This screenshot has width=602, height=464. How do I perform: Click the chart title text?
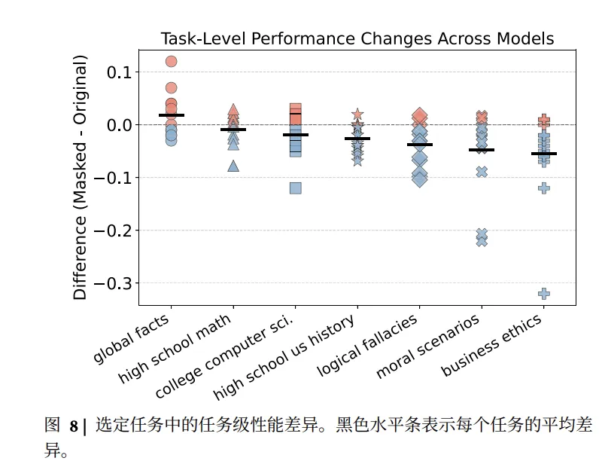[x=357, y=39]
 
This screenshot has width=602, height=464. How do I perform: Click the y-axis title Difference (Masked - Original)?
[x=81, y=178]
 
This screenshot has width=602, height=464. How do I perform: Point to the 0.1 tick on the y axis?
[x=117, y=72]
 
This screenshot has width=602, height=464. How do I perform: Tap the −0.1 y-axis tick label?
[x=114, y=178]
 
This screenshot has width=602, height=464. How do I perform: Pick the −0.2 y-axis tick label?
[x=114, y=230]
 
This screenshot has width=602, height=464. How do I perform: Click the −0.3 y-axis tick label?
[x=114, y=283]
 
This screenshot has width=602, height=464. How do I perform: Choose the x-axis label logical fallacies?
[x=368, y=346]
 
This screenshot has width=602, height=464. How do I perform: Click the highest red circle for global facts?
[x=172, y=62]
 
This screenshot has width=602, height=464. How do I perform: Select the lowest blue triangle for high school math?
[x=233, y=166]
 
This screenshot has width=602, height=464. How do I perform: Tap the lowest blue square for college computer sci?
[x=296, y=188]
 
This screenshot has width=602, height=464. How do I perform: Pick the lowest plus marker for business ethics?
[x=544, y=294]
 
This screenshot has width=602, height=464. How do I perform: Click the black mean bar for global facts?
[x=172, y=115]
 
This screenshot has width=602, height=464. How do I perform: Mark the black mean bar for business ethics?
[x=544, y=154]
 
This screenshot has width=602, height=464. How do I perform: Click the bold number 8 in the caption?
[x=74, y=427]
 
